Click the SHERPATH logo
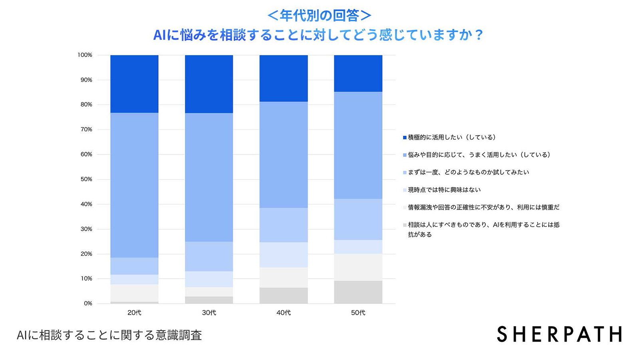(x=559, y=334)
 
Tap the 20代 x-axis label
(x=134, y=313)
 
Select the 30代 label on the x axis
(x=209, y=313)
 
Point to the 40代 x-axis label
(x=284, y=313)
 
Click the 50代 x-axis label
(x=358, y=313)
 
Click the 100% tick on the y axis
(x=85, y=55)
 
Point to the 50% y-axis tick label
(x=86, y=179)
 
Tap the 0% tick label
(x=88, y=303)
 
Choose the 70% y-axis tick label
(x=86, y=129)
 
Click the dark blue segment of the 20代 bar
(x=134, y=84)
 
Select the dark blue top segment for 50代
(x=358, y=73)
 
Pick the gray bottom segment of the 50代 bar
(x=358, y=292)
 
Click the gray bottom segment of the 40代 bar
(x=284, y=295)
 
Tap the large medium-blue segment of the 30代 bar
(x=209, y=177)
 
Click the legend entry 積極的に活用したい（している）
(x=452, y=137)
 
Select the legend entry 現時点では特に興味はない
(x=444, y=190)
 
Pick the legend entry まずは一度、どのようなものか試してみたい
(x=468, y=172)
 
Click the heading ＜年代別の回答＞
(x=319, y=16)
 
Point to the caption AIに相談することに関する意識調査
(x=109, y=335)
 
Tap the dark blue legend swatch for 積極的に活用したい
(x=405, y=138)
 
